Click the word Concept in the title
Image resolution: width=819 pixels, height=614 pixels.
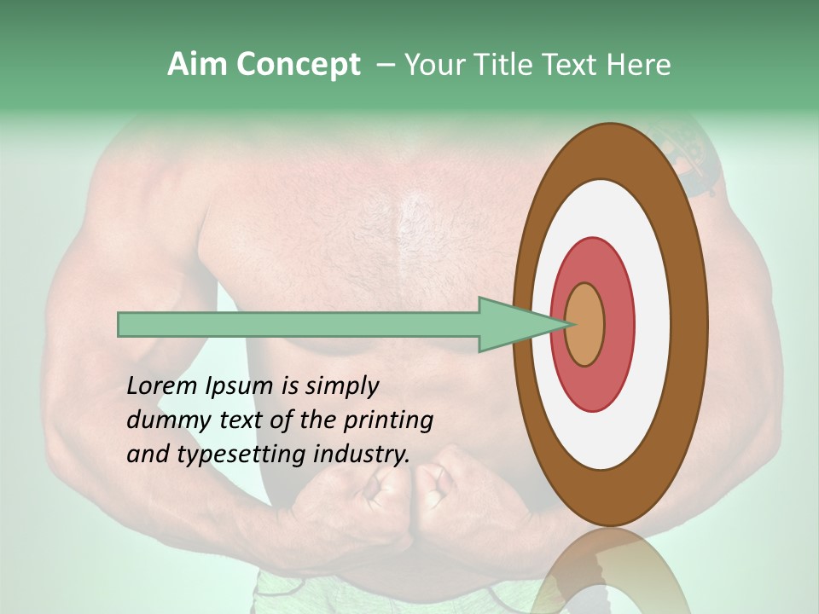pyautogui.click(x=297, y=65)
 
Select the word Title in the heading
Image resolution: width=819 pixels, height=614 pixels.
pyautogui.click(x=507, y=65)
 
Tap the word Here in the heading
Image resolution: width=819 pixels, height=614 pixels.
pyautogui.click(x=639, y=65)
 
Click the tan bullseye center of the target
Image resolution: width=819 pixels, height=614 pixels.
pyautogui.click(x=584, y=324)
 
